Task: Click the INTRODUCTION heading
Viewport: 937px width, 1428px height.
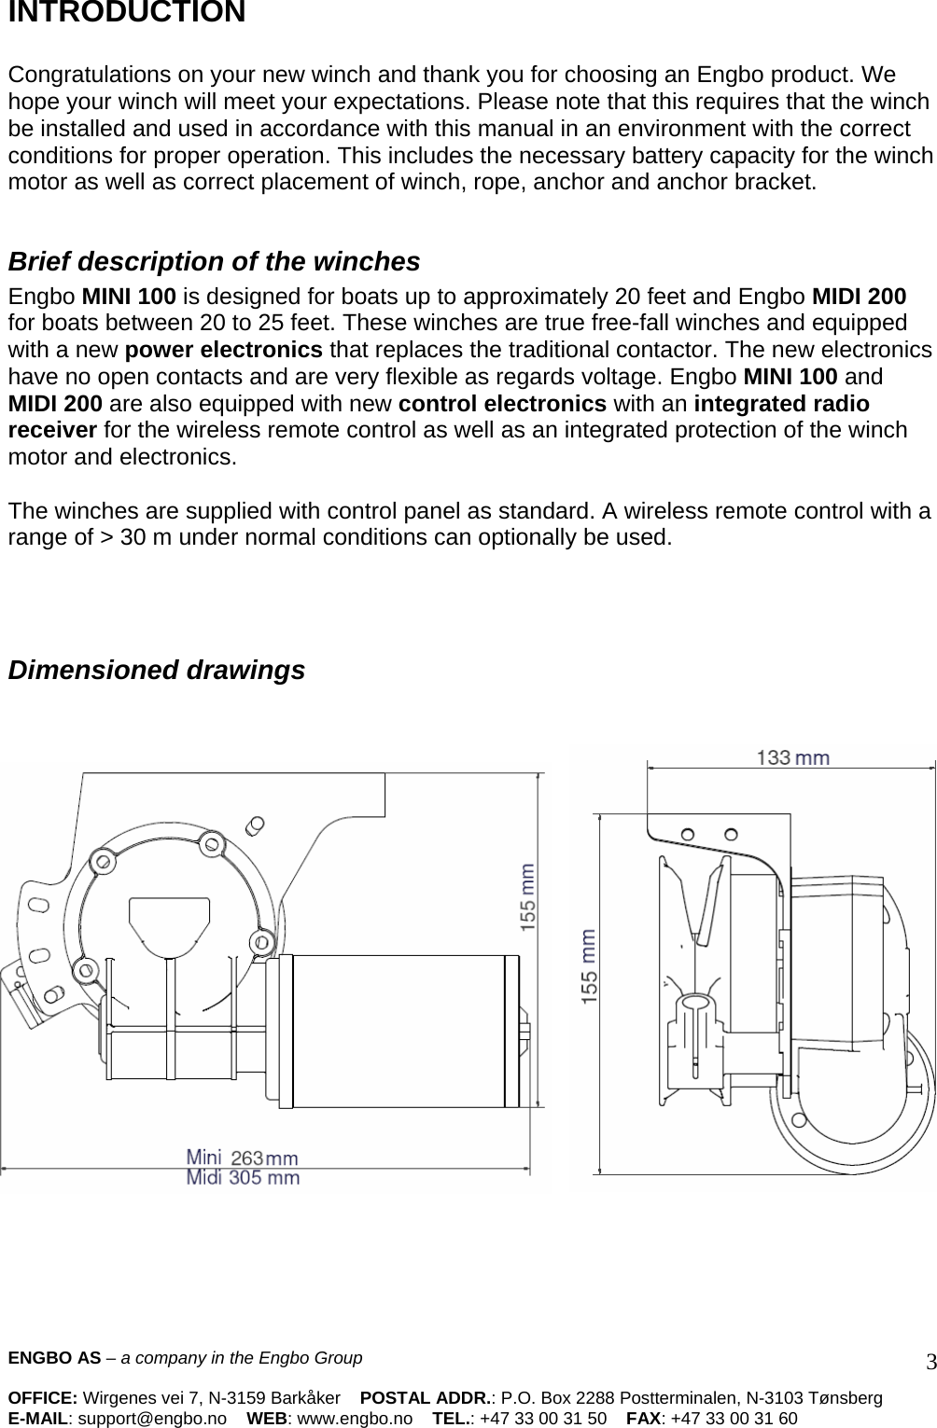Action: (x=127, y=13)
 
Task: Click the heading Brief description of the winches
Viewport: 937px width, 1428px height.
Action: (x=214, y=262)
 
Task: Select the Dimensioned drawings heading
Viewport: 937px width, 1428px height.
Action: (x=156, y=670)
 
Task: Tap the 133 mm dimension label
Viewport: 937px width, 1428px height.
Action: (x=792, y=758)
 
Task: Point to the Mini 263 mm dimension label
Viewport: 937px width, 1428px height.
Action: (x=243, y=1158)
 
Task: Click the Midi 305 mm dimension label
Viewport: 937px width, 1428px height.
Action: (x=243, y=1177)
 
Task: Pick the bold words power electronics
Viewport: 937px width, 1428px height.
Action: (x=224, y=351)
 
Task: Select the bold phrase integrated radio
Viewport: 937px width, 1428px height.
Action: (x=782, y=404)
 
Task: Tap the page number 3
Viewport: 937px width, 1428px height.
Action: (x=930, y=1363)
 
